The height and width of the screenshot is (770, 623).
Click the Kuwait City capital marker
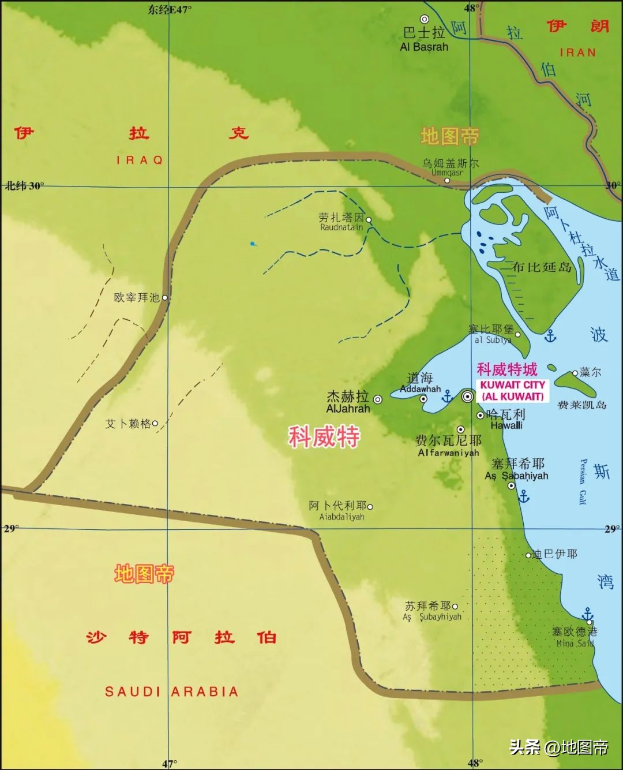click(468, 396)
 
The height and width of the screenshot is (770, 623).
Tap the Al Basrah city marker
click(425, 19)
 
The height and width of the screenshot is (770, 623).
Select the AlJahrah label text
click(348, 409)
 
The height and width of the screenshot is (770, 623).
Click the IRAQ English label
click(140, 160)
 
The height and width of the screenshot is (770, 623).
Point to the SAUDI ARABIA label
click(171, 691)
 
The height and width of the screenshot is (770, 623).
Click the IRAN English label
click(577, 53)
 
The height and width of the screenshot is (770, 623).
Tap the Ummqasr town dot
click(447, 180)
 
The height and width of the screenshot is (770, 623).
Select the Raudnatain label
click(341, 227)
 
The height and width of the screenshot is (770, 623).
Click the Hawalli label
click(506, 425)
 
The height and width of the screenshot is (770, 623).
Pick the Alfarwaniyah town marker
click(461, 429)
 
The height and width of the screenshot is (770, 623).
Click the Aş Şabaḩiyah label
click(516, 476)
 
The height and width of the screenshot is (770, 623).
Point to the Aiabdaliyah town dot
click(370, 507)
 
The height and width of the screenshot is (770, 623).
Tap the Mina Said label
click(575, 643)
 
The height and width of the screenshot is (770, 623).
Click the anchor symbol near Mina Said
click(587, 614)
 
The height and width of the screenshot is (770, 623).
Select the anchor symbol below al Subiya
click(550, 335)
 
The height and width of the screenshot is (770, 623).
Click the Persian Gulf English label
click(583, 481)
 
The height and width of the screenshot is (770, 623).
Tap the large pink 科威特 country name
click(324, 437)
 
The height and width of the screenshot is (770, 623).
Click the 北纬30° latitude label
click(24, 186)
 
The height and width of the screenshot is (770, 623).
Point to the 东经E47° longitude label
click(170, 9)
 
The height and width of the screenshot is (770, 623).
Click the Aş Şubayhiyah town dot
click(455, 607)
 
